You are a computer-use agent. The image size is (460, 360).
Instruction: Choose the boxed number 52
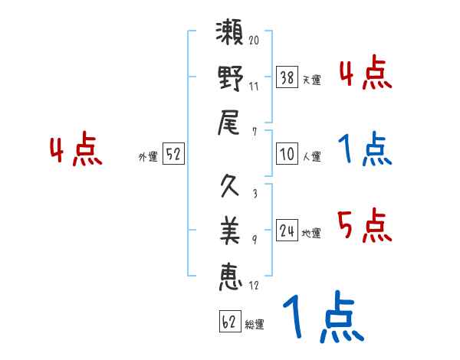click(173, 155)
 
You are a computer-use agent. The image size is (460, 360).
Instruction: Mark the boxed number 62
click(228, 322)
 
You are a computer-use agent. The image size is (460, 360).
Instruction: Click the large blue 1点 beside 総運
click(322, 318)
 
